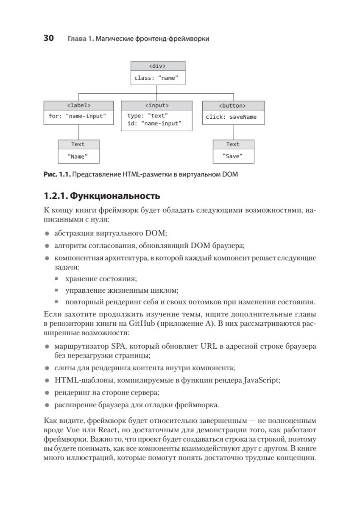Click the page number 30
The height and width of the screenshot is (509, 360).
coord(49,39)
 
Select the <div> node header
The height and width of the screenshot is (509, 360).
coord(157,66)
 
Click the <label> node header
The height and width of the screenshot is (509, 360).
coord(79,105)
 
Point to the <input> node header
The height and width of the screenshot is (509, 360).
coord(157,105)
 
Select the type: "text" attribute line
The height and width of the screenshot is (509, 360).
coord(148,115)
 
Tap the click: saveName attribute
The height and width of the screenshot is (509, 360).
coord(231,117)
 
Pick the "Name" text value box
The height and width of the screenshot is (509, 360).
coord(78,156)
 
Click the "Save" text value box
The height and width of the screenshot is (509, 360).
coord(233,156)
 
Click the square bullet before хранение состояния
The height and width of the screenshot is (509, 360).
coord(57,279)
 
